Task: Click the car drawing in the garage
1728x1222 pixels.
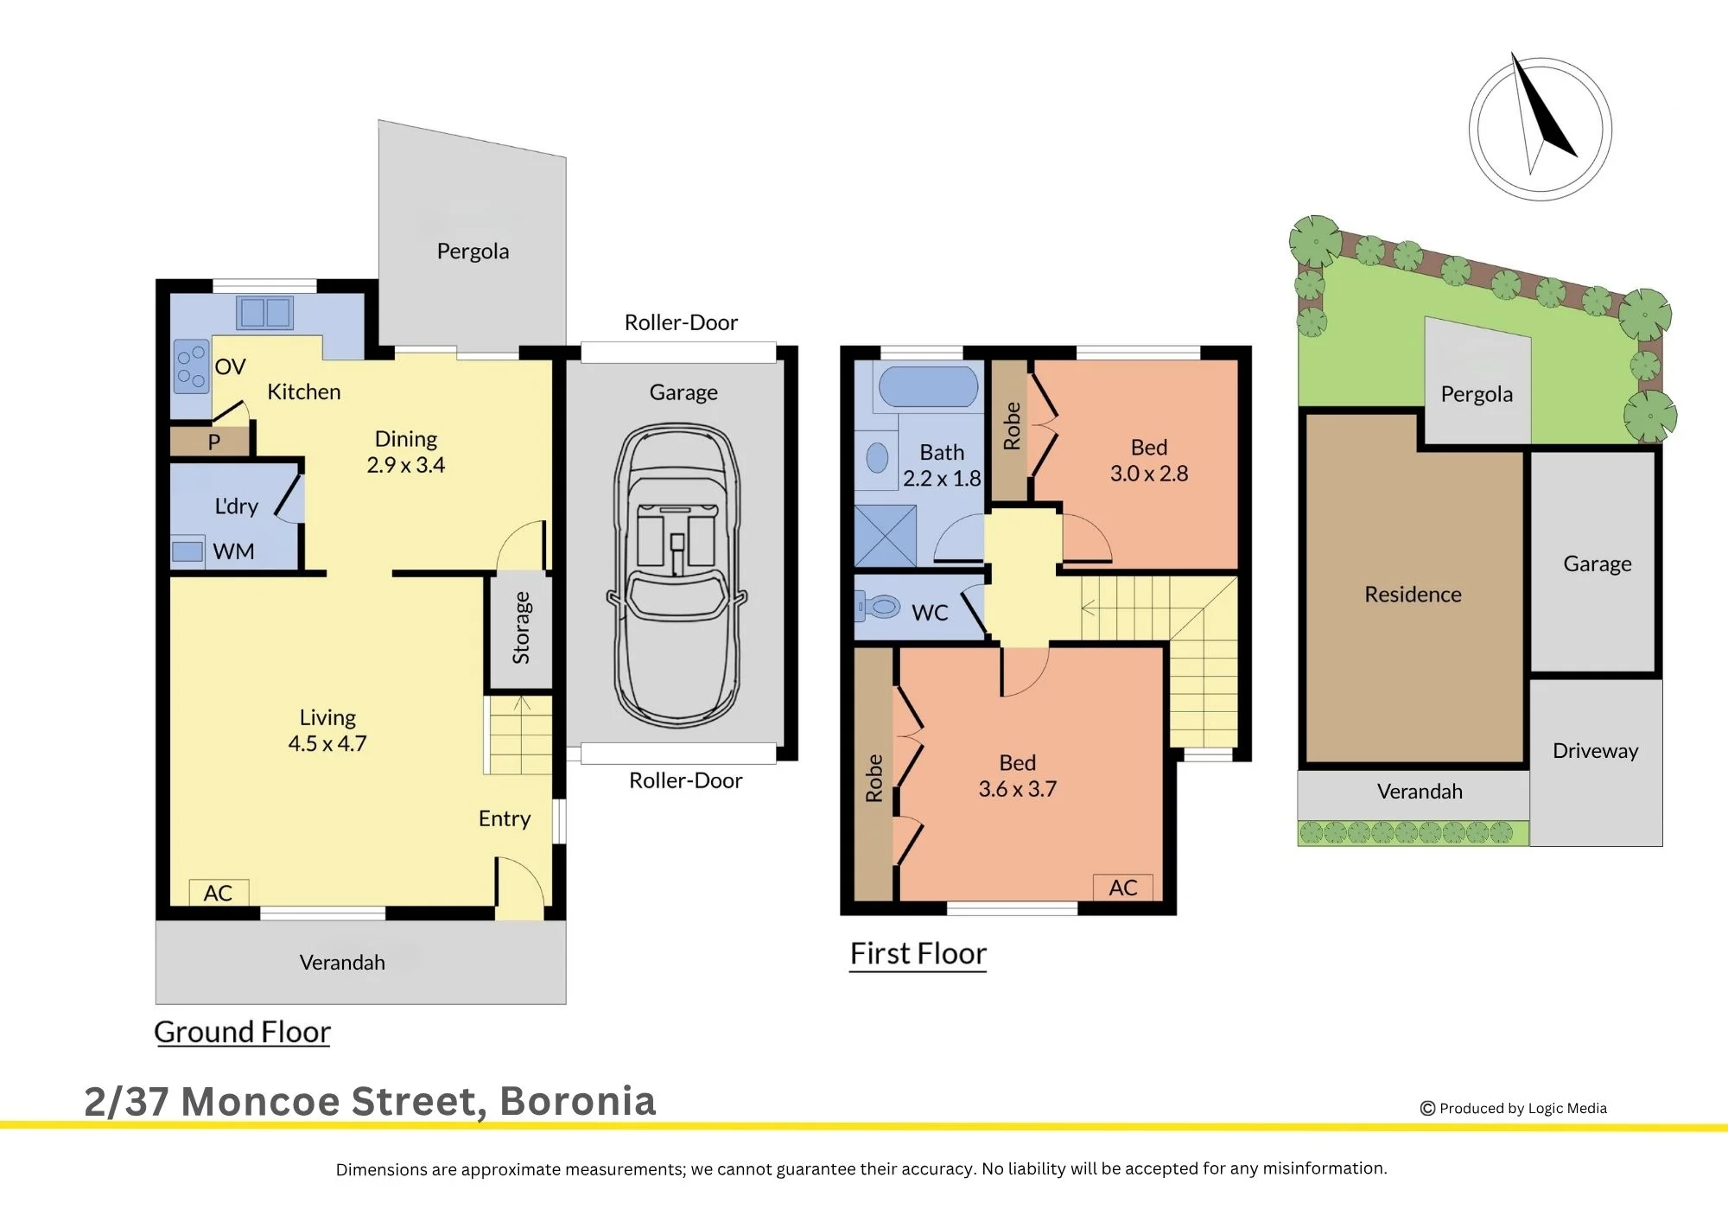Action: (677, 575)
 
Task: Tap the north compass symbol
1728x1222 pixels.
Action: (1541, 129)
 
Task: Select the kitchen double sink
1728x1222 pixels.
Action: (265, 312)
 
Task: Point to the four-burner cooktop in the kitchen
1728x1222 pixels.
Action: (191, 366)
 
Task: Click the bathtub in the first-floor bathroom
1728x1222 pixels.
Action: (929, 386)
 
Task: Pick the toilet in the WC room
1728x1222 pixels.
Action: (878, 607)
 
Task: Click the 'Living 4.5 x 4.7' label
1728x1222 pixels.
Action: (327, 730)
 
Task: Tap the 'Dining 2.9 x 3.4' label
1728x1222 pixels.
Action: (406, 452)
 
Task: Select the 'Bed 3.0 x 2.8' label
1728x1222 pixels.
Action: (1149, 461)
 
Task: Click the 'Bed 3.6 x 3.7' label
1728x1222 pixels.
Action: (1018, 776)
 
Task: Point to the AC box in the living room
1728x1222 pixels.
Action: (219, 893)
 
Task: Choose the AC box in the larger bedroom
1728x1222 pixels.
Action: (1123, 888)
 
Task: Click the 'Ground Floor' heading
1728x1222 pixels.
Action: (242, 1032)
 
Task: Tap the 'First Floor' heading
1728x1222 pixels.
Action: (918, 953)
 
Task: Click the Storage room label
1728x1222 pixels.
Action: (521, 627)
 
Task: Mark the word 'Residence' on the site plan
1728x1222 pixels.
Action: (1414, 595)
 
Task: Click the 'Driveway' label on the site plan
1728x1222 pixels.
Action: (1596, 751)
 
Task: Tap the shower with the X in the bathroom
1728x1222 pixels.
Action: (886, 536)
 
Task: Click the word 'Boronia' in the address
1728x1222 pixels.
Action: (578, 1101)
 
